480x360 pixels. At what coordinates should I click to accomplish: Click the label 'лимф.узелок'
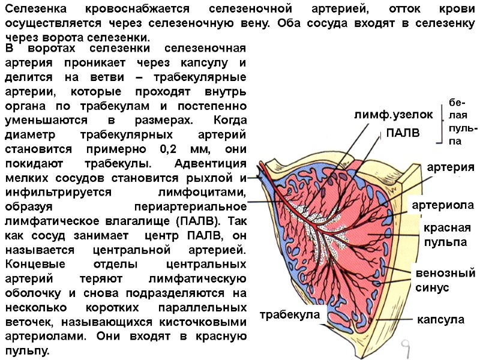tap(393, 114)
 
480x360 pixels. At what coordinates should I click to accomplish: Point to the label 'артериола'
tap(443, 205)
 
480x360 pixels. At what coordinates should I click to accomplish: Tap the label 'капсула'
tap(441, 319)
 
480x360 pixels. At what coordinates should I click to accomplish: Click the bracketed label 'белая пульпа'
tap(463, 122)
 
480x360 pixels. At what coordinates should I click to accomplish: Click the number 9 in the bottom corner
tap(406, 346)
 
